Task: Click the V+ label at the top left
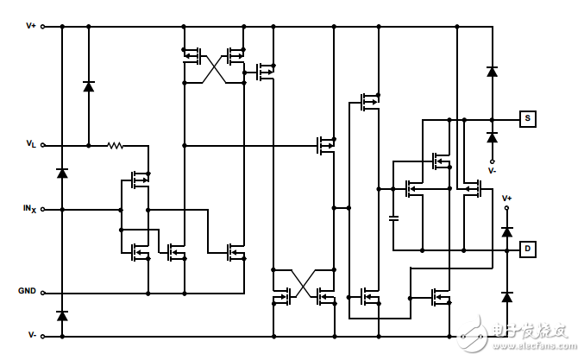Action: [x=31, y=26]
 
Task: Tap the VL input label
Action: [x=30, y=145]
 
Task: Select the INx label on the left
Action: [x=29, y=209]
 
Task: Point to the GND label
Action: [x=28, y=291]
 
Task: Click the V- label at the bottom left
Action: [x=31, y=335]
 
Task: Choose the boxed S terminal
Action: [x=526, y=118]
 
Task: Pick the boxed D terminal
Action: [x=526, y=249]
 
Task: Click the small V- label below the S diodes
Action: [x=492, y=171]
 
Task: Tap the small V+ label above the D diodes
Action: [x=507, y=199]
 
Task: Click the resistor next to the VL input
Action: [x=116, y=145]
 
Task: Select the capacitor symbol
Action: [x=392, y=217]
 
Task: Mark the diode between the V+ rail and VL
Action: [x=88, y=85]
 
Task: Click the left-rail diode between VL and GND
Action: [x=61, y=173]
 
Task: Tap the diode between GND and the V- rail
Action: [x=61, y=316]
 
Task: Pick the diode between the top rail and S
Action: [x=492, y=72]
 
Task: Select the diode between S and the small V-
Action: [x=492, y=137]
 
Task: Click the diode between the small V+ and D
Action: [x=507, y=231]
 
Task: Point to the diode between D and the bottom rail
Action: [x=507, y=297]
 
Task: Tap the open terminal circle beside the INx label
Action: [x=42, y=209]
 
